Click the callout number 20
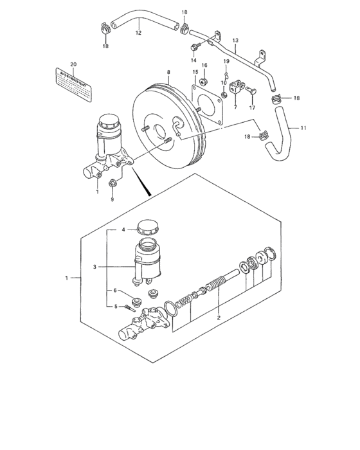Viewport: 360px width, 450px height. coord(73,64)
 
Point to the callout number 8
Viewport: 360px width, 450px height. coord(168,73)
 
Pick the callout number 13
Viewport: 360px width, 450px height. coord(235,40)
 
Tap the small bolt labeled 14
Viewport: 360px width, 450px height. coord(194,46)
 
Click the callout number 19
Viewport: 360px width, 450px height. coord(226,61)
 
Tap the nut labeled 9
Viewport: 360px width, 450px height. coord(114,184)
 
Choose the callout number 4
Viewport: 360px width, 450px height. coord(125,230)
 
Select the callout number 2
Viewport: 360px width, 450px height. coord(219,318)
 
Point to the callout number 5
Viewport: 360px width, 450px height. coord(116,307)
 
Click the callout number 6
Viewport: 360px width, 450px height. coord(116,291)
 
